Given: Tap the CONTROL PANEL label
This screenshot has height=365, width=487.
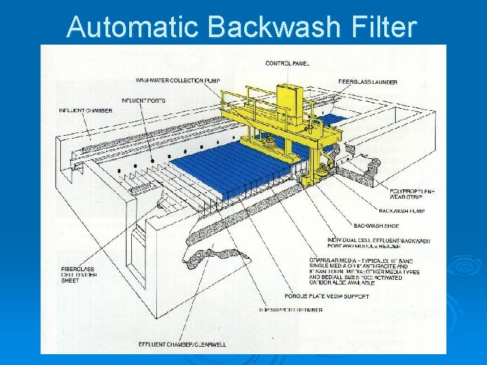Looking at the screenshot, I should pos(287,64).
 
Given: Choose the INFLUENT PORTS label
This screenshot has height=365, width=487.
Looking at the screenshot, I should pos(143,101).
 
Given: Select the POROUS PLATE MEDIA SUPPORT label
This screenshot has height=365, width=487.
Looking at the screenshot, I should pos(327,296).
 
